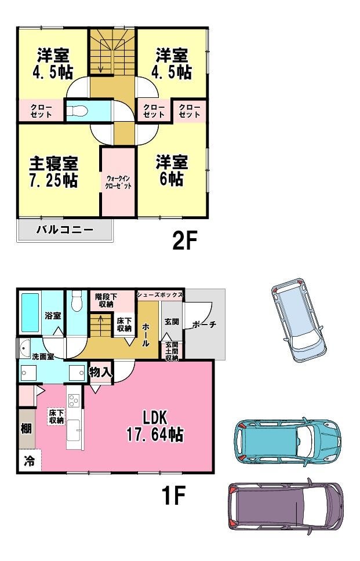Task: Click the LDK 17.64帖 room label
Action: [x=155, y=426]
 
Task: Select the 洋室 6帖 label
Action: [x=172, y=171]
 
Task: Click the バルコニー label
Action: [x=65, y=230]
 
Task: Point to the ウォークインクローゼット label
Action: [x=118, y=182]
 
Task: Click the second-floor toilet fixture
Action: [x=77, y=111]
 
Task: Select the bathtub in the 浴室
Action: [x=30, y=313]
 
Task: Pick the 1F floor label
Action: [x=173, y=496]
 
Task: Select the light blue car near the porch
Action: [x=299, y=320]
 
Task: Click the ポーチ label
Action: [x=204, y=325]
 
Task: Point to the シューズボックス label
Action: [x=160, y=295]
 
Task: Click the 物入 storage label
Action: [x=101, y=373]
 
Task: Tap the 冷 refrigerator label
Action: [x=29, y=461]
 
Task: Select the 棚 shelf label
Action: [x=26, y=428]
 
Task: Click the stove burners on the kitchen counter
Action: [x=74, y=400]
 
